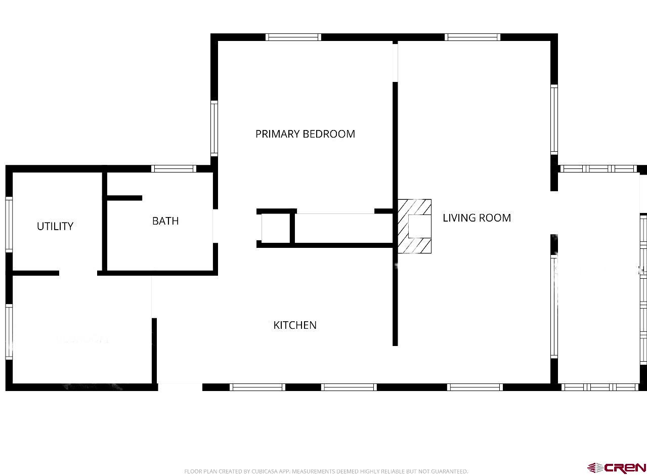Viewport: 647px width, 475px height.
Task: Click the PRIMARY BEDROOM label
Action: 305,134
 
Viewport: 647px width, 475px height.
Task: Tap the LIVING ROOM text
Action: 477,218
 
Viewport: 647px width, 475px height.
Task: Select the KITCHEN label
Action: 295,325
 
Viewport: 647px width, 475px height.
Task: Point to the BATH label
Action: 165,221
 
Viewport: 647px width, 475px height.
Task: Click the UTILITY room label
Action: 55,226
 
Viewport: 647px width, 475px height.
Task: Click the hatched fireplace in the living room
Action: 414,226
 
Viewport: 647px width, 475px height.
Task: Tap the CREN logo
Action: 617,467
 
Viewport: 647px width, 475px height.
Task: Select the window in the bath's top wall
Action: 174,168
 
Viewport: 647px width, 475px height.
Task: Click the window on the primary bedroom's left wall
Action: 214,128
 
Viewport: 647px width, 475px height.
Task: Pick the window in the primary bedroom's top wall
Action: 293,37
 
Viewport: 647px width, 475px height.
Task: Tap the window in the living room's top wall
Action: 472,37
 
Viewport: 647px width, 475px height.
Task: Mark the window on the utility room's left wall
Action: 9,224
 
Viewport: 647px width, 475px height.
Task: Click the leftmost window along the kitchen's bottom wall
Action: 257,387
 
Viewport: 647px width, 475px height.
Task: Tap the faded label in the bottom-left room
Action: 82,339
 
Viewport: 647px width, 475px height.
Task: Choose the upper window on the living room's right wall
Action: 554,119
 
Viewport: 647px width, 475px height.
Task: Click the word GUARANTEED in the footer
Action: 449,471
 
